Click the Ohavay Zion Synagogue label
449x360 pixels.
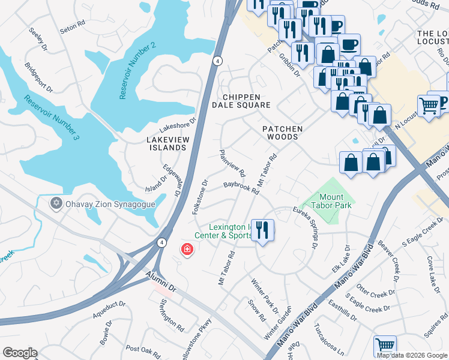(x=111, y=204)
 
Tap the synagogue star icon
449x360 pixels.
(x=57, y=203)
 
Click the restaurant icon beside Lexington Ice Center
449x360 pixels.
(x=262, y=231)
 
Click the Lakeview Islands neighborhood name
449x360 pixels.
(x=167, y=143)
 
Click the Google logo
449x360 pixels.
(x=20, y=353)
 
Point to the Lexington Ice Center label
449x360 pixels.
(x=229, y=231)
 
